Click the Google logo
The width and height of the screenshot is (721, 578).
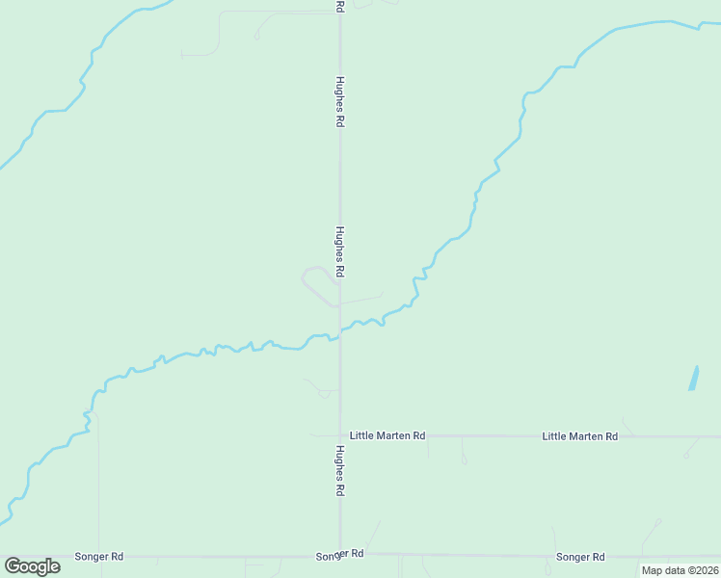(x=33, y=566)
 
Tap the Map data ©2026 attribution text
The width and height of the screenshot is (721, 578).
(x=680, y=570)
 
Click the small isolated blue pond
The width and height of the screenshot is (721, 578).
(x=694, y=378)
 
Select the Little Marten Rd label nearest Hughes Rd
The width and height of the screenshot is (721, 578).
(x=387, y=435)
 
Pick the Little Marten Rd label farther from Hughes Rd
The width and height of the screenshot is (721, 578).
(x=579, y=436)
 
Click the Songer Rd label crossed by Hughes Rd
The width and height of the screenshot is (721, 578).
(x=339, y=556)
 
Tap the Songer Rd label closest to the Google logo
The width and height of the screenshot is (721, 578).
(x=99, y=557)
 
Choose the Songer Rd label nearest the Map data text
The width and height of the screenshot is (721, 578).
(x=580, y=557)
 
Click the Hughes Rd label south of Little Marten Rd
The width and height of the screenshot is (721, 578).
(x=340, y=470)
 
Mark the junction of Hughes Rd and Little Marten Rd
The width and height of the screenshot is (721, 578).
(x=340, y=435)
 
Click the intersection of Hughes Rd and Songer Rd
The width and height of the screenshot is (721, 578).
(x=340, y=555)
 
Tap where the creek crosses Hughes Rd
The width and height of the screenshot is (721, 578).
(x=340, y=333)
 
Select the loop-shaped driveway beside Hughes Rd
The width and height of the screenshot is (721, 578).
(x=316, y=283)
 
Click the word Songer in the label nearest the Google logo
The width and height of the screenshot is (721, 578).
(x=93, y=557)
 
